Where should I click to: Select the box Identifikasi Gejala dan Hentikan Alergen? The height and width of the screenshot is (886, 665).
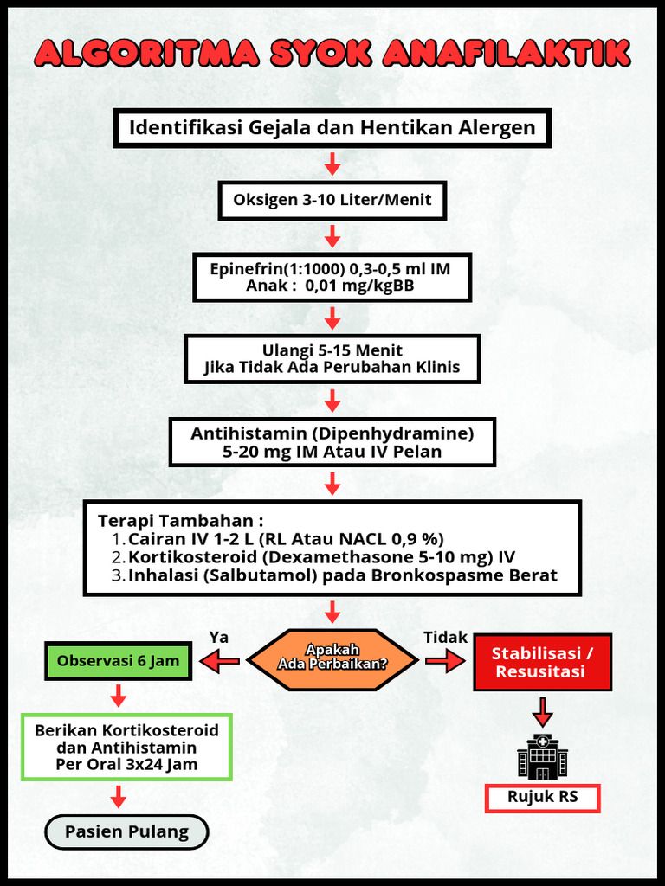click(332, 128)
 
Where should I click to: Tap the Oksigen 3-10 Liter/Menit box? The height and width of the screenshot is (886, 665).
click(332, 200)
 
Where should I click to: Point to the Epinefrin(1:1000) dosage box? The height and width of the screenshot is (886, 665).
click(332, 277)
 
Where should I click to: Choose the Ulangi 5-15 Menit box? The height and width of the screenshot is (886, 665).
click(332, 358)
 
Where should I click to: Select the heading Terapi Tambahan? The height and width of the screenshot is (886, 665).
click(180, 521)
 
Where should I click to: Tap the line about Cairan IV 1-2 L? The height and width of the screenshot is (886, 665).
click(286, 538)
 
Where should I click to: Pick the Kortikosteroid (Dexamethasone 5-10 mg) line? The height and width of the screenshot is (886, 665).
click(321, 557)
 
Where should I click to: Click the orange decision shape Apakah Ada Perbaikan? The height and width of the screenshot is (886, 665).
click(332, 662)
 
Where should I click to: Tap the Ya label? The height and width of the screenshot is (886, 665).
click(219, 637)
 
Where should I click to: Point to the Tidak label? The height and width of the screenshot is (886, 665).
click(445, 637)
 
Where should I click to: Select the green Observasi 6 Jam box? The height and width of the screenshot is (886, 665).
click(118, 661)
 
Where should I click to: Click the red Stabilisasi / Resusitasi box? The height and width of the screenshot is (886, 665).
click(542, 662)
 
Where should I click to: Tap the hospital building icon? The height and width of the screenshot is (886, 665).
click(542, 757)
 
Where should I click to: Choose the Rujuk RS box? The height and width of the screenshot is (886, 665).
click(542, 797)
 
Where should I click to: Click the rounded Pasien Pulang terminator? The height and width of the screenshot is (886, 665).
click(126, 831)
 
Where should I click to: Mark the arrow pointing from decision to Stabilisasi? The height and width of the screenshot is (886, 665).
click(444, 662)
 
